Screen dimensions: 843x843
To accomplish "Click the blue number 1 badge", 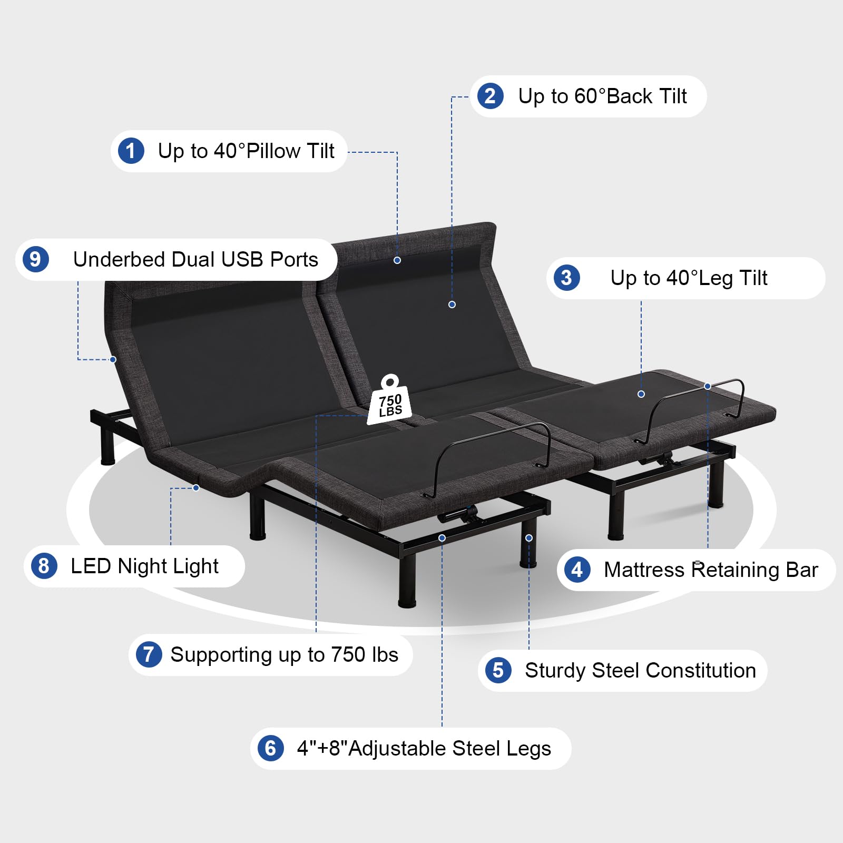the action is (131, 151).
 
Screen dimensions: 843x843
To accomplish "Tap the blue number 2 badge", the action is (491, 96).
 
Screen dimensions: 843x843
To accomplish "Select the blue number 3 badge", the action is (566, 278).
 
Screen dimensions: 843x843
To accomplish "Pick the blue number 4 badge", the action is (577, 570).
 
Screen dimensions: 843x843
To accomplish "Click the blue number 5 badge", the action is (498, 670).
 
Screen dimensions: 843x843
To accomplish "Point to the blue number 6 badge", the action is (270, 748).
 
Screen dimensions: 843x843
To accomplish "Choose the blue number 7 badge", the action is (149, 654).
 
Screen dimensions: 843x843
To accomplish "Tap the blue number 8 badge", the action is (44, 566).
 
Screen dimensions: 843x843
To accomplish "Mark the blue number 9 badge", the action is (35, 259).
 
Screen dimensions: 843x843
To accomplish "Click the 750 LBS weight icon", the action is (389, 400).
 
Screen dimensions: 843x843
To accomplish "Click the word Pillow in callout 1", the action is (273, 151).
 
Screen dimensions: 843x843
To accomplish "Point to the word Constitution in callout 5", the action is (701, 670).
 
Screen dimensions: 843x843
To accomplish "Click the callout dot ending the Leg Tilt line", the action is (641, 394).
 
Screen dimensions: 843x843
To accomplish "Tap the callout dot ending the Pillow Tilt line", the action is (397, 260).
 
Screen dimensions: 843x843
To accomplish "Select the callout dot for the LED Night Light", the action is (196, 488).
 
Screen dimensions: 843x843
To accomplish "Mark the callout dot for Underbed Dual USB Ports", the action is (113, 359).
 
